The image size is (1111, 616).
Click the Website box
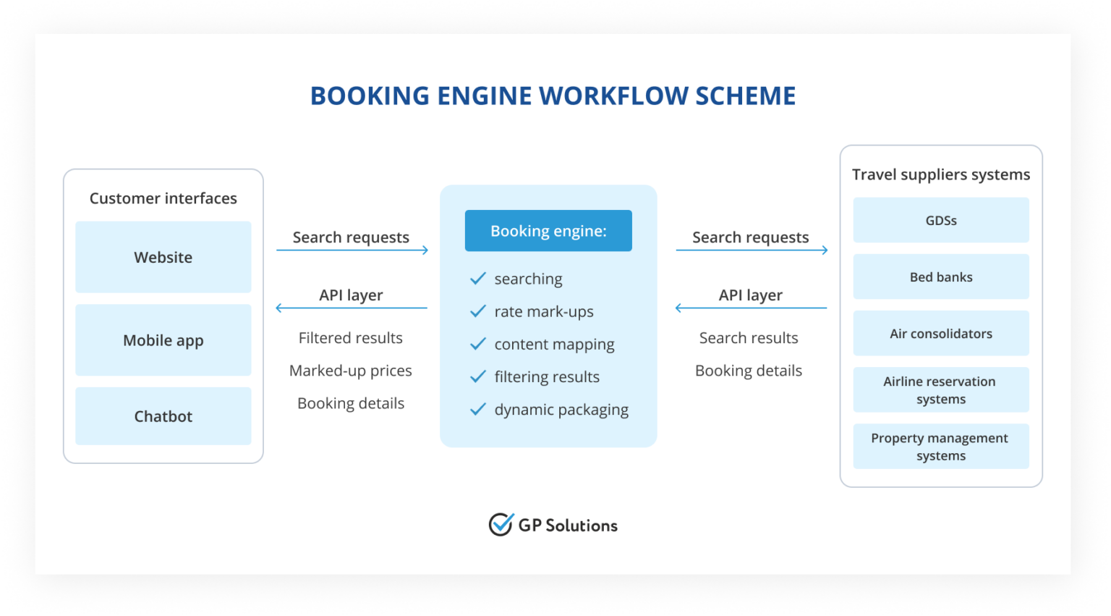[163, 257]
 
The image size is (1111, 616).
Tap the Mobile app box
[163, 340]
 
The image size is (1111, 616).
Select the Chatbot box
[163, 416]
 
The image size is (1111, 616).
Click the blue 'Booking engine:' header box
[548, 231]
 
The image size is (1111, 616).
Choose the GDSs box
[940, 220]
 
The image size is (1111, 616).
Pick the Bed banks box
[940, 277]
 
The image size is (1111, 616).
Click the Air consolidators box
[940, 333]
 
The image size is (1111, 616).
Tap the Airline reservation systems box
[940, 389]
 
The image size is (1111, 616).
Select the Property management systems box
[940, 446]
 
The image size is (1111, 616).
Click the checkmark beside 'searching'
[478, 279]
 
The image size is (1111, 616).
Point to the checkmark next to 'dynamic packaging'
[478, 410]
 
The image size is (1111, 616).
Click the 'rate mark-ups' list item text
[544, 311]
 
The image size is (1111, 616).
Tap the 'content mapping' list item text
[554, 345]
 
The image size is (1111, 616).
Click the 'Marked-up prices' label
[350, 371]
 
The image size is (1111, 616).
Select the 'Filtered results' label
[350, 338]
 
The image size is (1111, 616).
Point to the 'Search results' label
[749, 338]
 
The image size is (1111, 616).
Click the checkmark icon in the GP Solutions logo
[501, 524]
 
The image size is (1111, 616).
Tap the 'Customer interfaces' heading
[163, 198]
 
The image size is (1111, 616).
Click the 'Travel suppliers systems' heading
[940, 174]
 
